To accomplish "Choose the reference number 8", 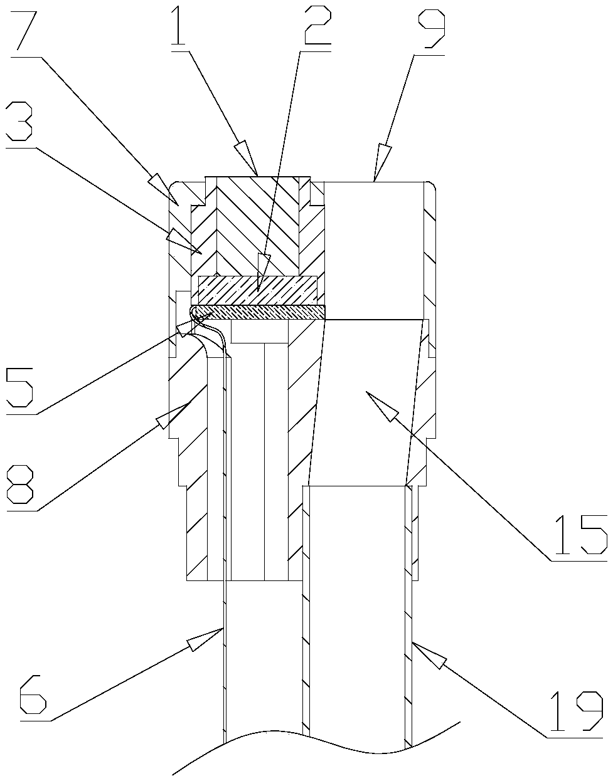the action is (20, 484).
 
